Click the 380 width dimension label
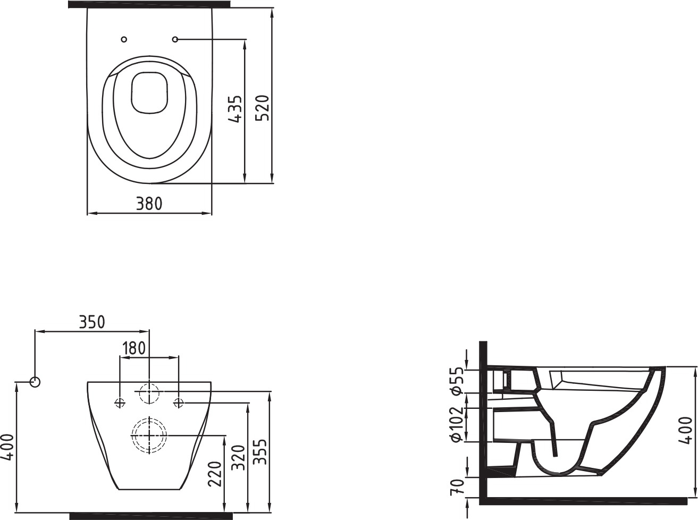pos(149,204)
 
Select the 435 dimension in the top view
pos(235,108)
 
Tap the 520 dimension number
pos(263,107)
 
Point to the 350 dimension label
pos(91,322)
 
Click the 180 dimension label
pos(134,348)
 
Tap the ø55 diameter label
pos(457,381)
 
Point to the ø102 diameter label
pos(457,424)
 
